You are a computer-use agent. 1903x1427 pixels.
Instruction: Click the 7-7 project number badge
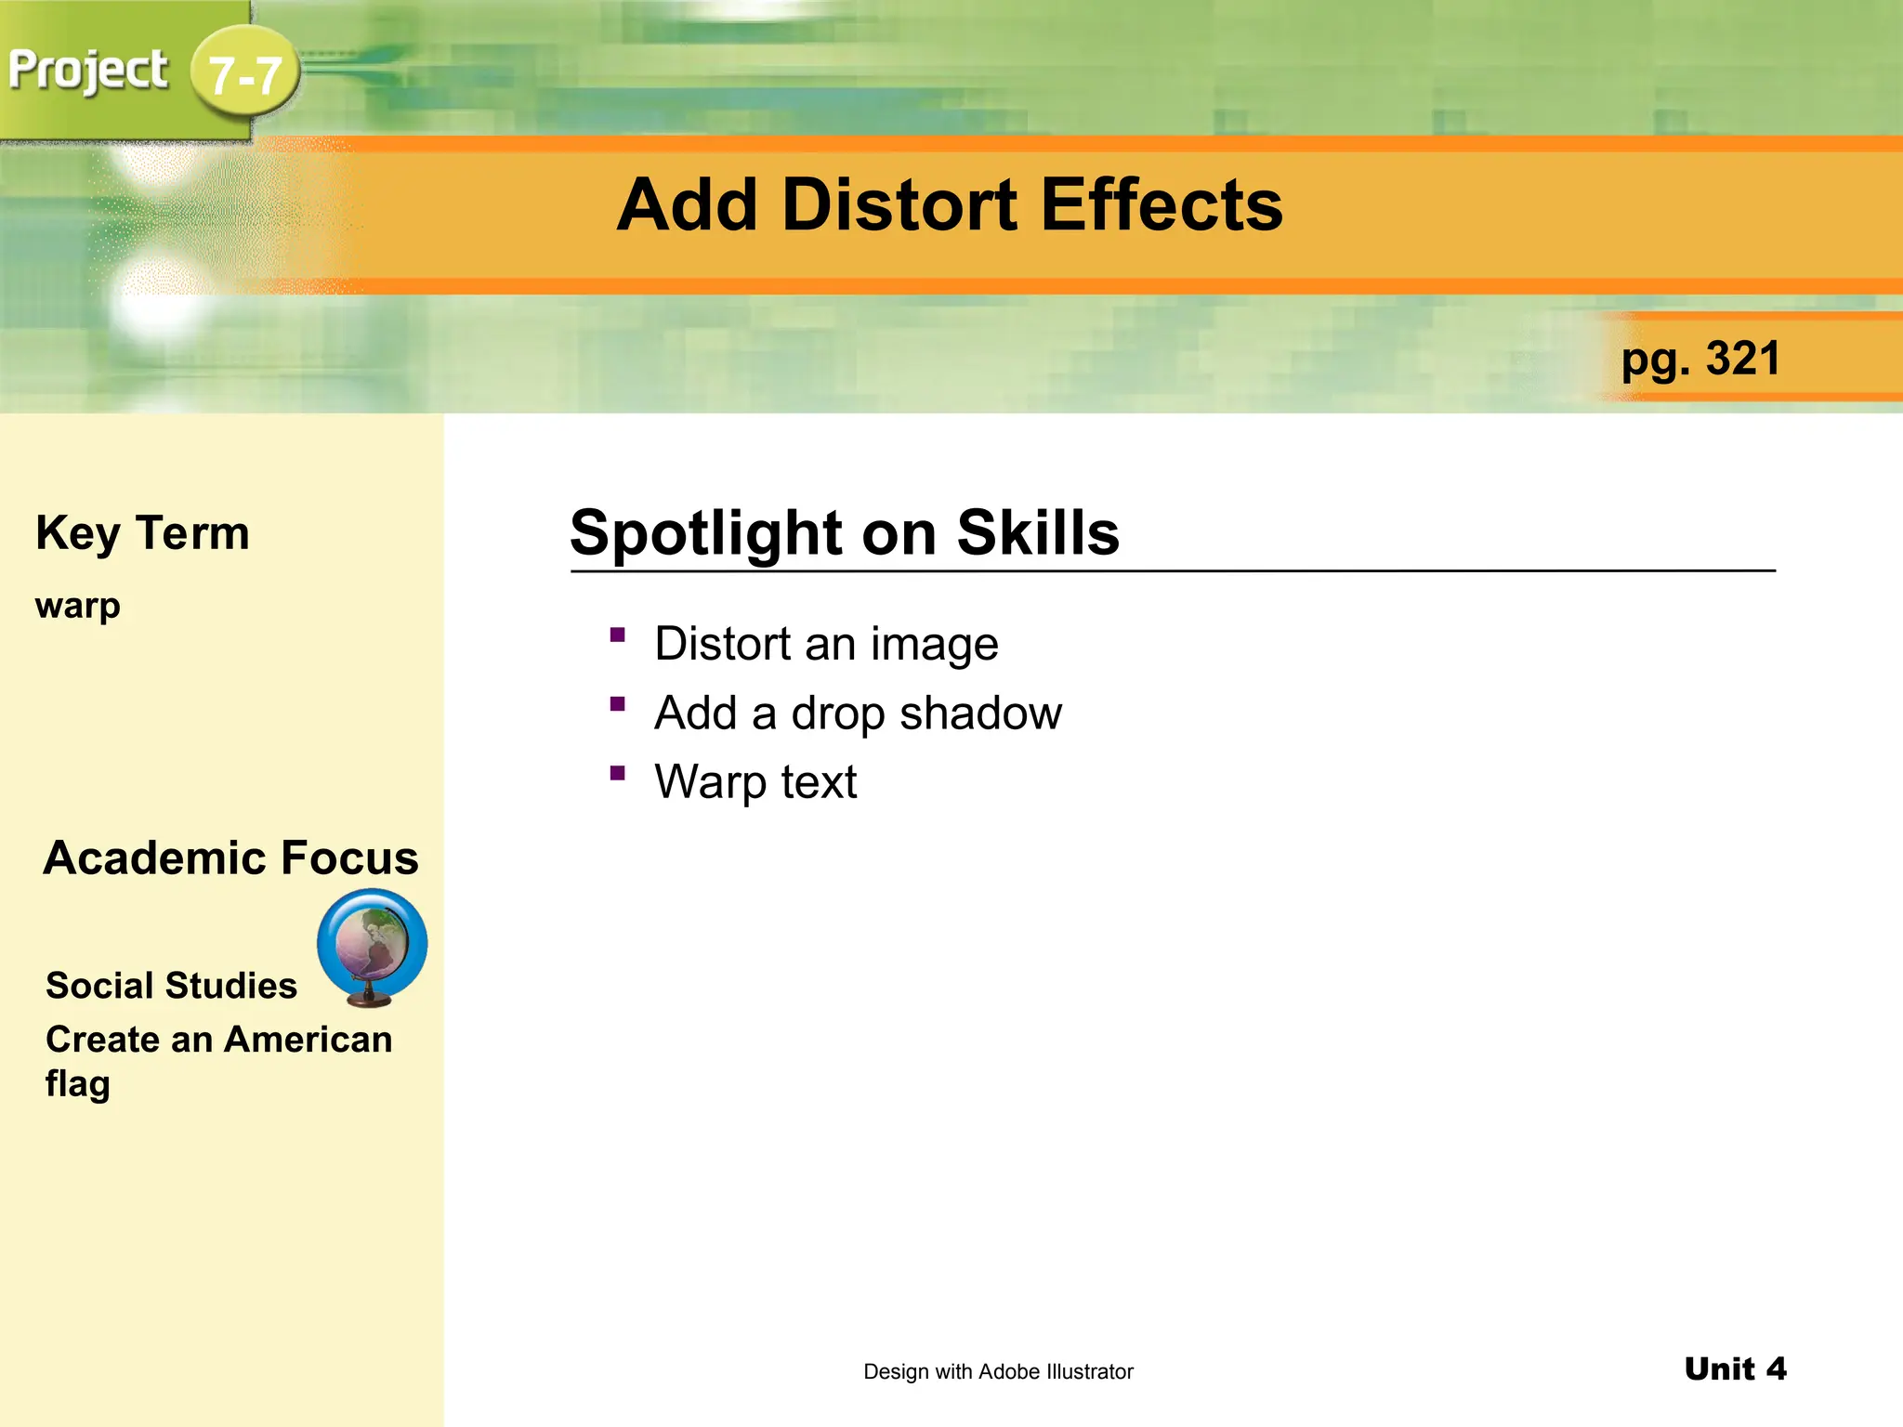point(245,74)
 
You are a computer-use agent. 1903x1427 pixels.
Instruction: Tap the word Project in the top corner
point(88,71)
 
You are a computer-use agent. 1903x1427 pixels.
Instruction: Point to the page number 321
point(1743,359)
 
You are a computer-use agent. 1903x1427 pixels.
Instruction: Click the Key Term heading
point(142,533)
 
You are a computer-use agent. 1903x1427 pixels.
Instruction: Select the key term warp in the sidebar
point(78,606)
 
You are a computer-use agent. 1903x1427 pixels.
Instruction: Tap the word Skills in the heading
point(1038,533)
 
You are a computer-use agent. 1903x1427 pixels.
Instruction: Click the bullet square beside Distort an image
point(618,635)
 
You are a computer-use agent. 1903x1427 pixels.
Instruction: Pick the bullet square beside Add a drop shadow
point(618,704)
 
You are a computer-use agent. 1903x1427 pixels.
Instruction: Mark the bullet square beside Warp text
point(618,773)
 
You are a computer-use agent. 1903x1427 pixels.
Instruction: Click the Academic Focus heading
point(230,858)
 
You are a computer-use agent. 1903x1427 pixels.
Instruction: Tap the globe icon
point(372,946)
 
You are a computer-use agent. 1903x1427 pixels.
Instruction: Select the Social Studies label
point(171,986)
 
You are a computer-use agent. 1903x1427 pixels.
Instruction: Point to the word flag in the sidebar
point(78,1084)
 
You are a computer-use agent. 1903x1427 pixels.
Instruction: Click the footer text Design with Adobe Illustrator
point(998,1371)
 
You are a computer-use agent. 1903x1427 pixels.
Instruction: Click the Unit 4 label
point(1735,1368)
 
